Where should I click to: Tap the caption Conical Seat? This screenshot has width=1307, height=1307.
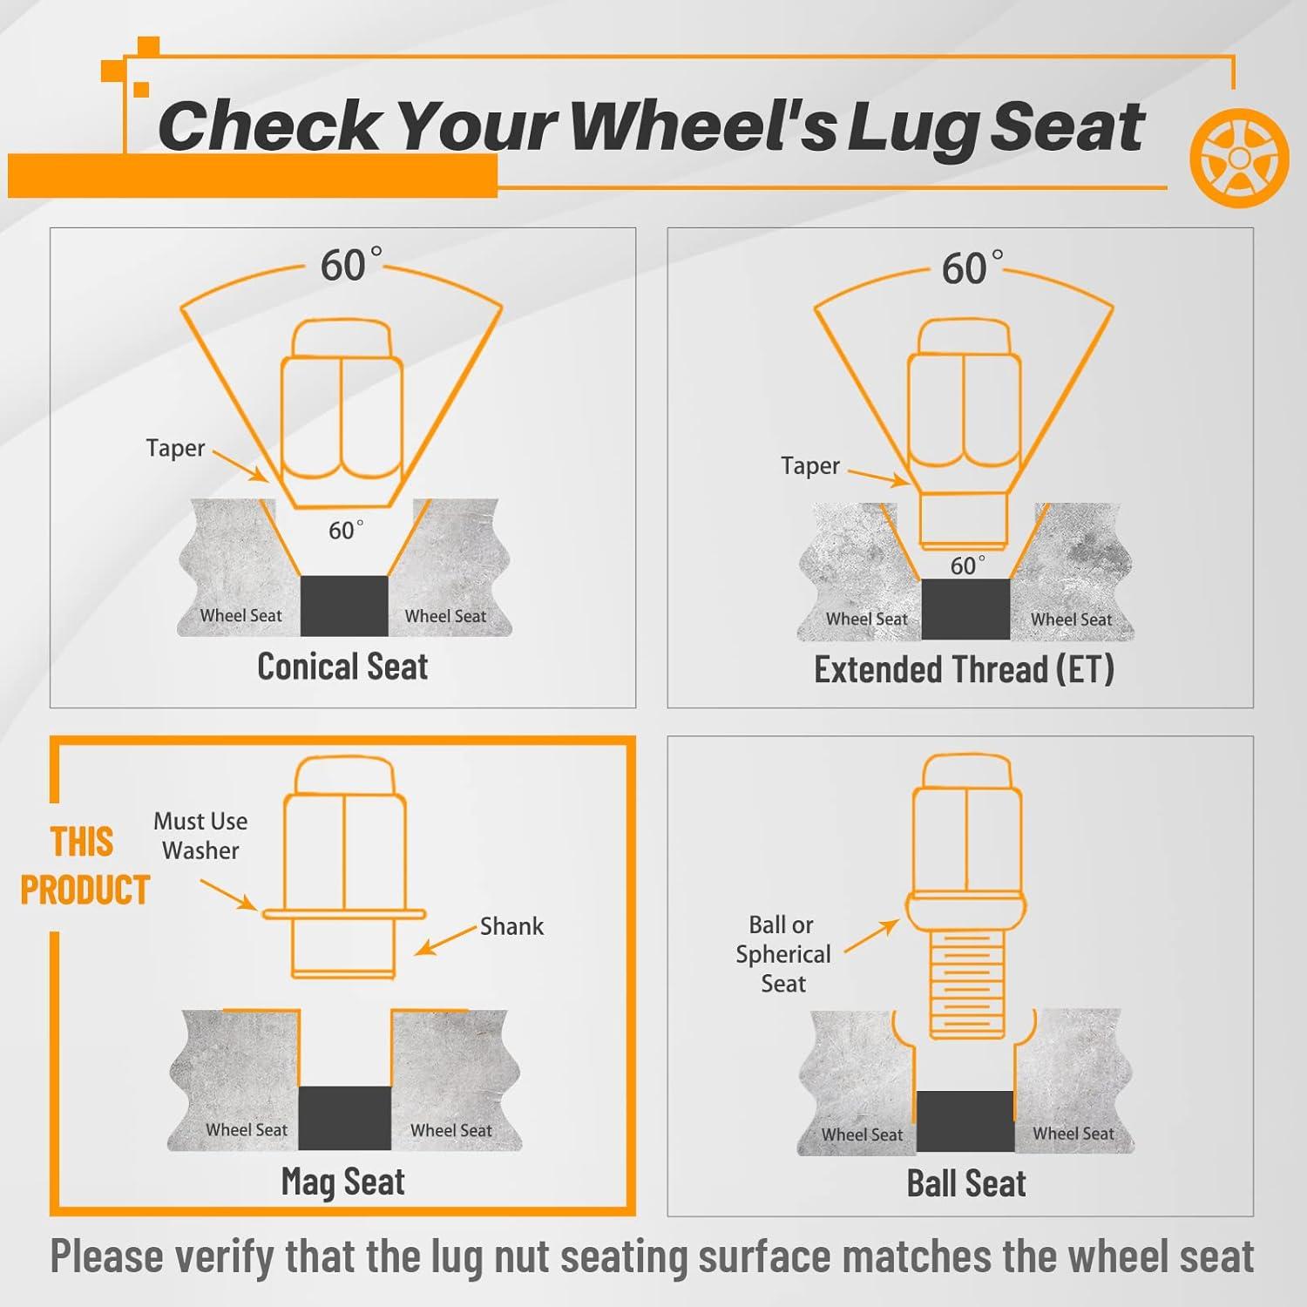(x=342, y=667)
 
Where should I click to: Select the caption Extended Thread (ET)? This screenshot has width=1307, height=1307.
(x=964, y=669)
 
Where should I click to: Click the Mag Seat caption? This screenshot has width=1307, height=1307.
(x=343, y=1182)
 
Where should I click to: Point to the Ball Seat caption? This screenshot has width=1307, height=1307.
(x=966, y=1183)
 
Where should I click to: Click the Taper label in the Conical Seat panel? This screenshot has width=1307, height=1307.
(x=175, y=448)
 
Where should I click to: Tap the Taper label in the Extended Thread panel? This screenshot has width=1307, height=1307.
(x=810, y=466)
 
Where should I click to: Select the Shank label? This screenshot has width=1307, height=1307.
(x=511, y=926)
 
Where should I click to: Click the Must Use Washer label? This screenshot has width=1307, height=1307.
(x=200, y=836)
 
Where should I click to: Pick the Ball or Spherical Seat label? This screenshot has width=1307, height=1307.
(x=782, y=954)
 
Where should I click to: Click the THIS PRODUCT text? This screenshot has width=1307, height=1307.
(x=85, y=866)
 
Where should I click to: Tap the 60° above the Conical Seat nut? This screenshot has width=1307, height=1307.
(x=350, y=265)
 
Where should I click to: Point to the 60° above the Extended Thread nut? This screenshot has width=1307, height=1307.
(x=972, y=268)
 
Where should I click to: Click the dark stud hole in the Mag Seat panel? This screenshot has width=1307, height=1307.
(x=344, y=1118)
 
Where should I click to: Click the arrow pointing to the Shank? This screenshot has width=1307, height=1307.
(x=445, y=940)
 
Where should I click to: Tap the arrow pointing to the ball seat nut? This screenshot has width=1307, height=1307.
(x=871, y=935)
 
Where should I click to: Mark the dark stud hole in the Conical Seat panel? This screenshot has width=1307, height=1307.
(x=344, y=606)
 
